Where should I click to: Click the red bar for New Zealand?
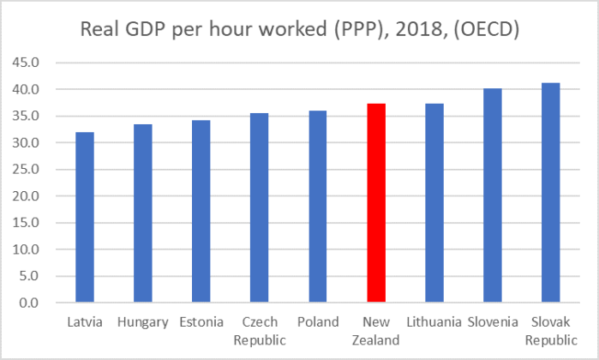click(x=376, y=203)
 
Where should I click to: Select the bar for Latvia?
click(x=85, y=218)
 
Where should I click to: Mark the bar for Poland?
click(x=318, y=207)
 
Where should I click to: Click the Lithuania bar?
click(x=434, y=203)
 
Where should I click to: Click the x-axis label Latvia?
click(x=85, y=322)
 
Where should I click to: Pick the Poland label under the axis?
click(x=318, y=322)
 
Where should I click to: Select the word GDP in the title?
click(x=146, y=29)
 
